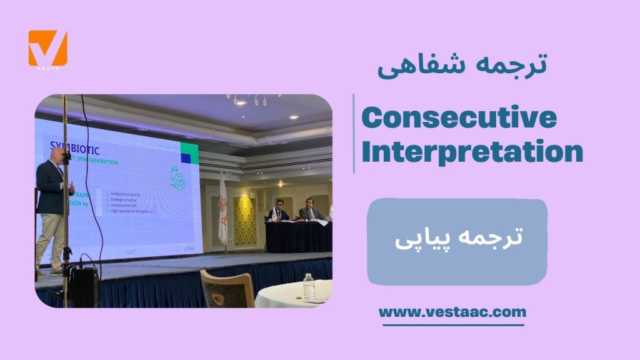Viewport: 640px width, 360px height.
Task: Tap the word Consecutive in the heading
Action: tap(459, 117)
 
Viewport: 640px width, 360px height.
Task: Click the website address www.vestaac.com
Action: tap(452, 311)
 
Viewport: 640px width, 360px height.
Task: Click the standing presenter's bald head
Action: tap(54, 152)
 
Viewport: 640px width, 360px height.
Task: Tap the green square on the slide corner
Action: tap(189, 152)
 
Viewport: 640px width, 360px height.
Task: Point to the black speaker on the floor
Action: tap(84, 287)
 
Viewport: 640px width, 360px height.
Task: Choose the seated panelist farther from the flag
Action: tap(311, 210)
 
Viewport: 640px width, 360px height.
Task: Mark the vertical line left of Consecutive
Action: tap(354, 134)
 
